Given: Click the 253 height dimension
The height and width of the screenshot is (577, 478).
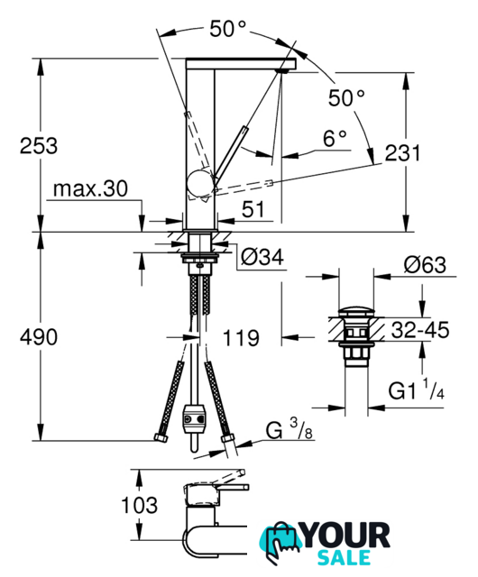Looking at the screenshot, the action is coord(39,146).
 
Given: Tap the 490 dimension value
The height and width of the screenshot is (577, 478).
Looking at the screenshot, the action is coord(39,337).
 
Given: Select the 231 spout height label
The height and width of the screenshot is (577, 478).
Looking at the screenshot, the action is coord(402,152).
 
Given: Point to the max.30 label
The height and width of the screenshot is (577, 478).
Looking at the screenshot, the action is coord(90,188).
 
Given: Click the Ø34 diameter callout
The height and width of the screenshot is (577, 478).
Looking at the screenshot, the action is coord(262,257).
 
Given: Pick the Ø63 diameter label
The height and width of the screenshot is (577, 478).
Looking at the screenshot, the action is coord(425,264).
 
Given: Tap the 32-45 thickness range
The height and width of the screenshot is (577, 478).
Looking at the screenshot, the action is coord(420,330).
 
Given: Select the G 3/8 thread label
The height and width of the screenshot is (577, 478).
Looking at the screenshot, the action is coord(290,430).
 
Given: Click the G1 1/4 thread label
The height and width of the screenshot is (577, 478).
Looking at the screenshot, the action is coord(417,390).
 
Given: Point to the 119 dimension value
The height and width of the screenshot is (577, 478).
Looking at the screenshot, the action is coord(241,338).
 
